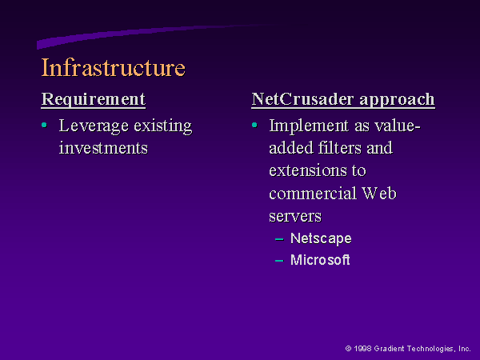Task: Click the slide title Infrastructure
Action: tap(114, 67)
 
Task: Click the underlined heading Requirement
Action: tap(94, 100)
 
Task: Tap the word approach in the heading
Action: tap(398, 100)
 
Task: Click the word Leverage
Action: tap(94, 126)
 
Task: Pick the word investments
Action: tap(103, 148)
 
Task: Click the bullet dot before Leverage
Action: tap(44, 125)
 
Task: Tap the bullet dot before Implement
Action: tap(254, 125)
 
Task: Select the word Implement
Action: tap(309, 126)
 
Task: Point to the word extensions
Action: tap(308, 170)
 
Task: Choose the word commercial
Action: tap(313, 194)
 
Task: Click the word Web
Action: tap(379, 194)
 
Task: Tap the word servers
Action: tap(295, 217)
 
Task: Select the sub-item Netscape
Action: tap(321, 238)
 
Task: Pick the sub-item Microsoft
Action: tap(320, 260)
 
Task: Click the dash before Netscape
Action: tap(279, 239)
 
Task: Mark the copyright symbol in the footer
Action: tap(348, 348)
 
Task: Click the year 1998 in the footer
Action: tap(362, 348)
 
